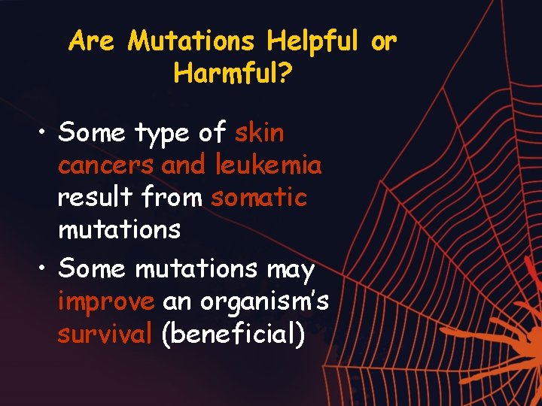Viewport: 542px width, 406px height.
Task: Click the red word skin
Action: tap(260, 133)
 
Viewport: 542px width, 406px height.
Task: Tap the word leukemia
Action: tap(268, 165)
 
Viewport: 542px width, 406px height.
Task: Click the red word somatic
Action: tap(259, 198)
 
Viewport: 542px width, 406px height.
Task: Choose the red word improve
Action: tap(106, 302)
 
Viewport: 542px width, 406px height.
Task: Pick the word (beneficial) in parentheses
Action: tap(233, 335)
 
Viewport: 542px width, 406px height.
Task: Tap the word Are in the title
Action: tap(91, 42)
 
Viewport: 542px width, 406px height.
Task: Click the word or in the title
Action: tap(383, 42)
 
